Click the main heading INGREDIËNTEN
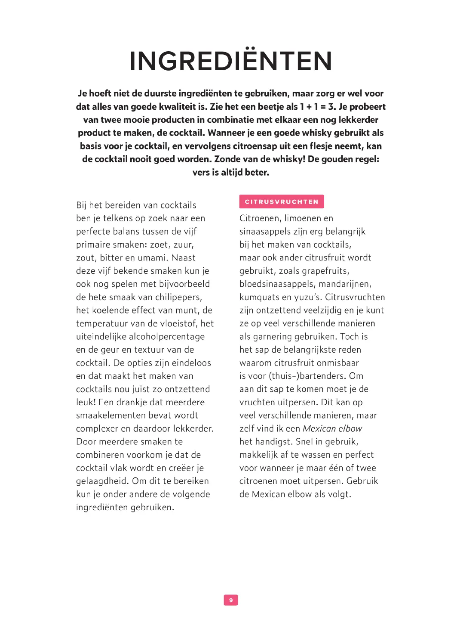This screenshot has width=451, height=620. tap(231, 62)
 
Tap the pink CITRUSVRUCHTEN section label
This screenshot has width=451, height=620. tap(282, 201)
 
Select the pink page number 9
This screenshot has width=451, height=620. tap(231, 600)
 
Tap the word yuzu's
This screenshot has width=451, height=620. tap(304, 297)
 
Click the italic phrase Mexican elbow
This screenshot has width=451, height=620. tap(332, 428)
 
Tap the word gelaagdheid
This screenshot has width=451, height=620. tap(101, 481)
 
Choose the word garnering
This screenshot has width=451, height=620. tap(271, 337)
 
